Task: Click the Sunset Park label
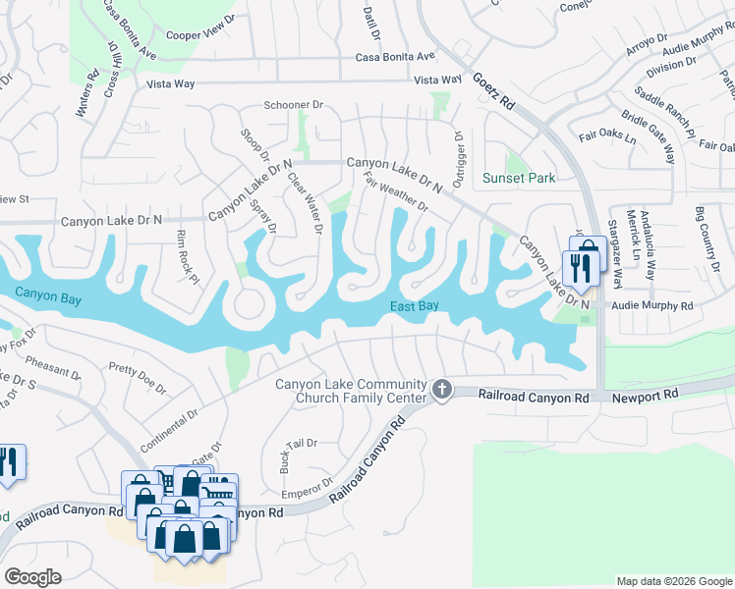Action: pos(519,178)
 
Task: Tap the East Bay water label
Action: pos(414,306)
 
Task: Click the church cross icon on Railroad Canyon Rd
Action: pos(442,391)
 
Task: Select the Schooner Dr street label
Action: pos(293,104)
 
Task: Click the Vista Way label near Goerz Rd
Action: pos(437,80)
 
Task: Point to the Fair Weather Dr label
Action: pos(396,191)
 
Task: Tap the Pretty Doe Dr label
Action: pos(136,371)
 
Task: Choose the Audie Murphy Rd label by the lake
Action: pos(651,305)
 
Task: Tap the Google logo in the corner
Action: pos(33,576)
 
